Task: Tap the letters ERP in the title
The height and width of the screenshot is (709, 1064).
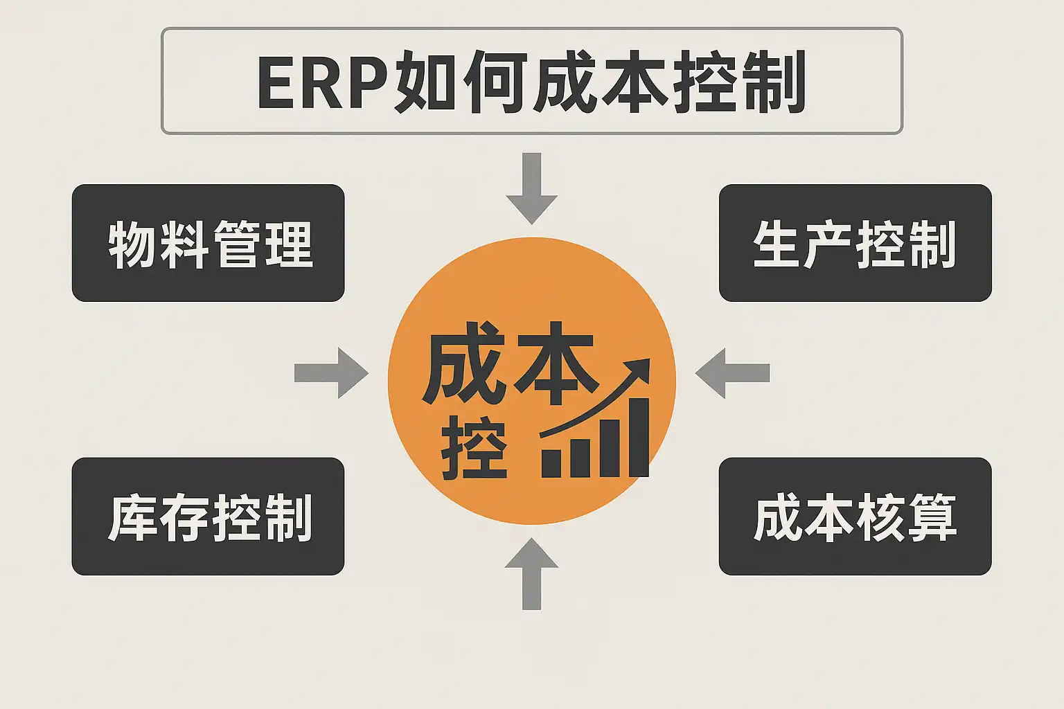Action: pos(321,82)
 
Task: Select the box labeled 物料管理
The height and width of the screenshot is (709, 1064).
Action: pos(208,242)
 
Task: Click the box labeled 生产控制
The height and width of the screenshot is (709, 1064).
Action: pos(855,242)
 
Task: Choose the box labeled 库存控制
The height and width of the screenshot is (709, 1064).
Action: pos(208,516)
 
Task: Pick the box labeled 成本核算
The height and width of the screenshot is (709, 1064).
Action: pos(855,516)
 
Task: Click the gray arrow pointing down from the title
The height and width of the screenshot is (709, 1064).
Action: pos(531,189)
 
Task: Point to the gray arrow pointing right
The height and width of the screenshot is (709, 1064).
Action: pos(331,373)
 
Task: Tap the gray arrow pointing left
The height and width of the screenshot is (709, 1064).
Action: pos(732,373)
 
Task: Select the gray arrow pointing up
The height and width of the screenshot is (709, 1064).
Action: pos(531,573)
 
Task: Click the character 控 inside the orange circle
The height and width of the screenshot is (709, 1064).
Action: pos(475,448)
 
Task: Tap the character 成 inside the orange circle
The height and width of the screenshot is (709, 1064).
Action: pos(463,363)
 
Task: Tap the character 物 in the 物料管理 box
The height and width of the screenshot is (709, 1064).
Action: pos(132,244)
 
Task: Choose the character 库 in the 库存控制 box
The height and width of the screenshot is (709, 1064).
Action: pos(132,517)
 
